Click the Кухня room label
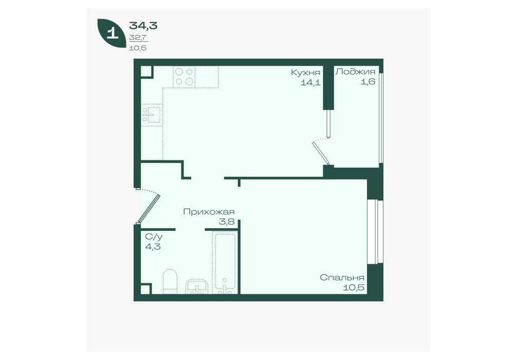(x=305, y=73)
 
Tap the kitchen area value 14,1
(x=310, y=82)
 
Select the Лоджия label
(x=355, y=71)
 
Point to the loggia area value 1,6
(x=367, y=81)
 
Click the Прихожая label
(x=209, y=211)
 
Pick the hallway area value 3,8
(x=227, y=222)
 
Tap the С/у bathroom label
(x=154, y=237)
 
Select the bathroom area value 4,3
(x=153, y=246)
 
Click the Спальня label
(x=342, y=278)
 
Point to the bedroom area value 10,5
(x=354, y=287)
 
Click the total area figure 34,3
(x=143, y=25)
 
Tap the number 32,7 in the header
(x=138, y=38)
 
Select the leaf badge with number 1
(x=112, y=33)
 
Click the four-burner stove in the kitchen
(x=184, y=77)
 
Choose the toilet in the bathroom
(x=170, y=281)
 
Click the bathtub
(x=225, y=262)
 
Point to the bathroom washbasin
(x=197, y=286)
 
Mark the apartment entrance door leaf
(x=149, y=208)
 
